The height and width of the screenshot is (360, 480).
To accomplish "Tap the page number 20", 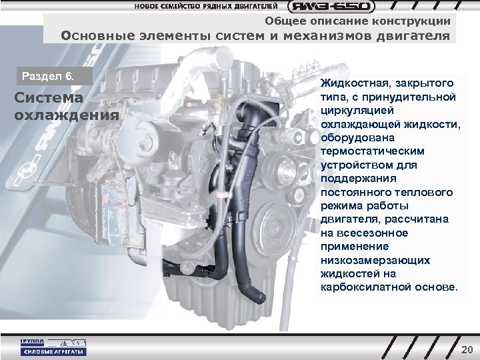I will point(466,350).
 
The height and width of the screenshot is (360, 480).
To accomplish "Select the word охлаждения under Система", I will point(64,114).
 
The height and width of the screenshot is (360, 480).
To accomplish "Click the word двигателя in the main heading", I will point(413,36).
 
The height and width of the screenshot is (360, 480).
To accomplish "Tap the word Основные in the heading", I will point(93,36).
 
